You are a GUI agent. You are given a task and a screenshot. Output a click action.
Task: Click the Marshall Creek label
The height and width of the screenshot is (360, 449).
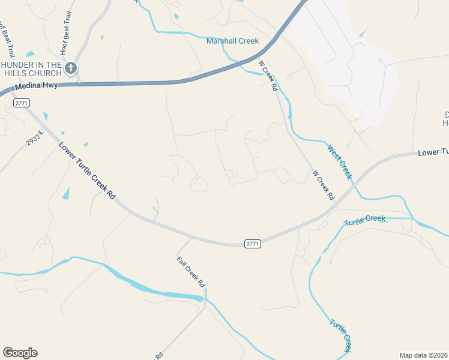[x=232, y=41]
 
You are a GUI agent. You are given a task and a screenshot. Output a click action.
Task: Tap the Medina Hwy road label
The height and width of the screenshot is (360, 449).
[x=37, y=86]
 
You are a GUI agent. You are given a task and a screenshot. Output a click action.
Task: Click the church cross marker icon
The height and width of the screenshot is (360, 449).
[x=71, y=68]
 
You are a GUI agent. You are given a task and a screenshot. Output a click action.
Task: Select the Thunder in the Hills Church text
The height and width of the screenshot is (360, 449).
[x=31, y=69]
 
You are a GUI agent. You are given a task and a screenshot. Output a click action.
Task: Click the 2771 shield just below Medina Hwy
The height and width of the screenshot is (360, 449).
[x=22, y=103]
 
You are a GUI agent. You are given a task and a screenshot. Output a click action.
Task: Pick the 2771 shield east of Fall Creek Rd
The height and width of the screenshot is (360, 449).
[x=253, y=243]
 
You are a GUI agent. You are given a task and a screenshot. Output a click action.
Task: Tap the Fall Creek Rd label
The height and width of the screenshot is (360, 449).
[x=191, y=272]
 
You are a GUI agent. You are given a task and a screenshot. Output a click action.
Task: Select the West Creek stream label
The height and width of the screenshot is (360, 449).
[x=339, y=161]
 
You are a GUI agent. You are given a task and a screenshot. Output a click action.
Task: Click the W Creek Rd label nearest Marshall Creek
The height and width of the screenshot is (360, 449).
[x=268, y=75]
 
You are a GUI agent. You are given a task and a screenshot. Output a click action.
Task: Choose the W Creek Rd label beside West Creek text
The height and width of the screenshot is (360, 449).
[x=323, y=184]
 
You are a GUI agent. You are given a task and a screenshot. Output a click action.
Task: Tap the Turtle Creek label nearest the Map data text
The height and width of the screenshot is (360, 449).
[x=340, y=335]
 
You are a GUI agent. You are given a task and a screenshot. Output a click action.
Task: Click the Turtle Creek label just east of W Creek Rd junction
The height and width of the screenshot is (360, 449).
[x=364, y=220]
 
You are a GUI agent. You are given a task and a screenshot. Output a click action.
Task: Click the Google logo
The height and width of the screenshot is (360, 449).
[x=20, y=353]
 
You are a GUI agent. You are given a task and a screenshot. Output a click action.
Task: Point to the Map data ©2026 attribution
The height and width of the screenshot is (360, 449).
[x=424, y=355]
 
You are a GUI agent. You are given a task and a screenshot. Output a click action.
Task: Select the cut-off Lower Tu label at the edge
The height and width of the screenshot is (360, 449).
[x=433, y=153]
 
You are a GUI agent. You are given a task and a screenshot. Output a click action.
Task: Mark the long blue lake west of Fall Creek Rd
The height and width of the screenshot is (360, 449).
[x=153, y=289]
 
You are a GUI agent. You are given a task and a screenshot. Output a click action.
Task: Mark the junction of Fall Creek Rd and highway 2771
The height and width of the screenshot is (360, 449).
[x=191, y=238]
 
